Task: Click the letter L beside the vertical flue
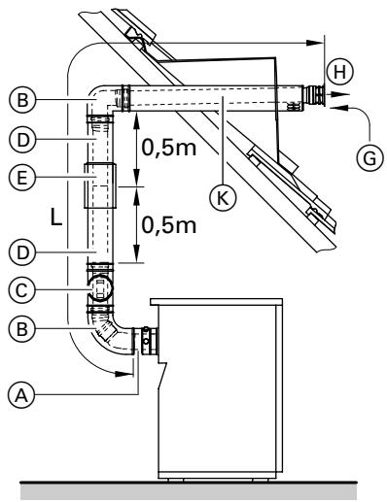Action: coord(57,218)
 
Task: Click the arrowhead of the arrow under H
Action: coord(342,95)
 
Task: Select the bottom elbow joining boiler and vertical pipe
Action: coord(109,336)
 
